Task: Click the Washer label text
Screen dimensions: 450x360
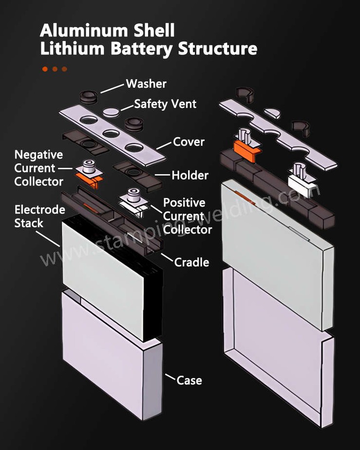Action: tap(146, 84)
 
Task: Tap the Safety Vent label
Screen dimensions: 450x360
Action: tap(165, 104)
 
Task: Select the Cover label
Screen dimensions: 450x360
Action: tap(189, 142)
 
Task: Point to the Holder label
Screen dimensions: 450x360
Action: tap(189, 175)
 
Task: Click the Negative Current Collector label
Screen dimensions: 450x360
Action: tap(38, 168)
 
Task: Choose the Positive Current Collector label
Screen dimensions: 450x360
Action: tap(187, 216)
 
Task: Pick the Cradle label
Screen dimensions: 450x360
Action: tap(191, 262)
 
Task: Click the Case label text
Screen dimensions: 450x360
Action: tap(189, 380)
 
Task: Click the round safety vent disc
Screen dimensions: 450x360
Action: tap(112, 112)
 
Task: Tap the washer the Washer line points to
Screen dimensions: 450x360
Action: tap(89, 94)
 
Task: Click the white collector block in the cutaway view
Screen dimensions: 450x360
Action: tap(299, 184)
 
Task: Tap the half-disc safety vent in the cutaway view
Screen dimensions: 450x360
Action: tap(273, 112)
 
